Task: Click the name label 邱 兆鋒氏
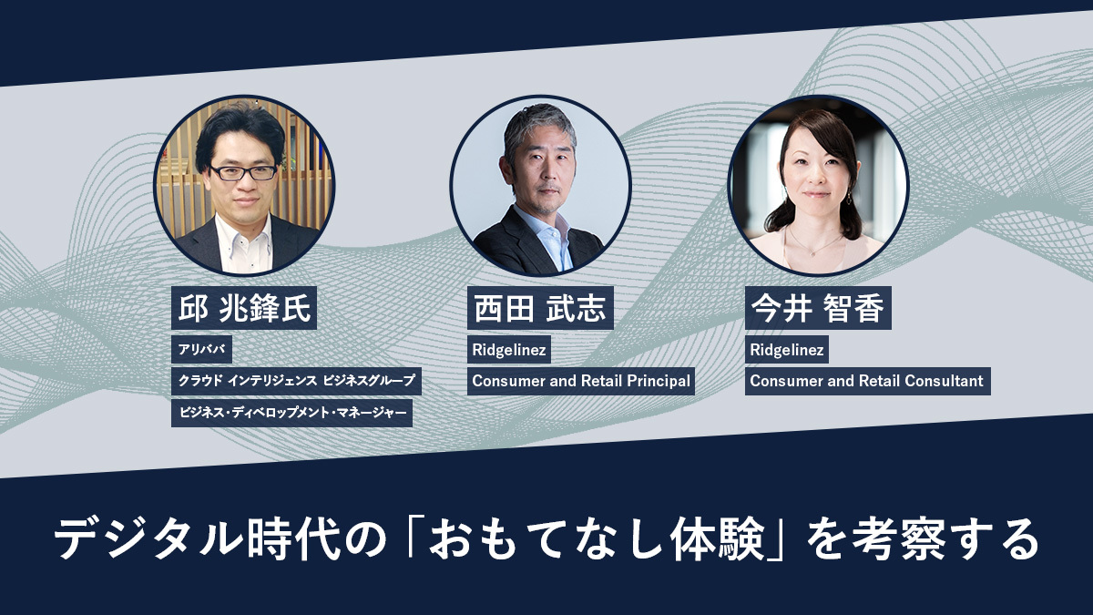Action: click(x=244, y=308)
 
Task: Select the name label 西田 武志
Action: click(x=540, y=308)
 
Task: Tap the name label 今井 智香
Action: click(x=818, y=308)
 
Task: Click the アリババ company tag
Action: click(x=201, y=350)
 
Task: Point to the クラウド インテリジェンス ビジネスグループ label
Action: click(x=296, y=381)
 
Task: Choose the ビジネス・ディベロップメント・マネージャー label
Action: click(x=291, y=413)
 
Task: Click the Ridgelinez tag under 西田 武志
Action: click(x=509, y=350)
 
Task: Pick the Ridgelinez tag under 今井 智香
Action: click(x=787, y=350)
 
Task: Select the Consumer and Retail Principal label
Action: click(x=581, y=381)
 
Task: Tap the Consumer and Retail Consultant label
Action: click(x=867, y=381)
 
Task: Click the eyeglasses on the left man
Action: click(x=243, y=172)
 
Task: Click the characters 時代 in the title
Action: click(x=294, y=538)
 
